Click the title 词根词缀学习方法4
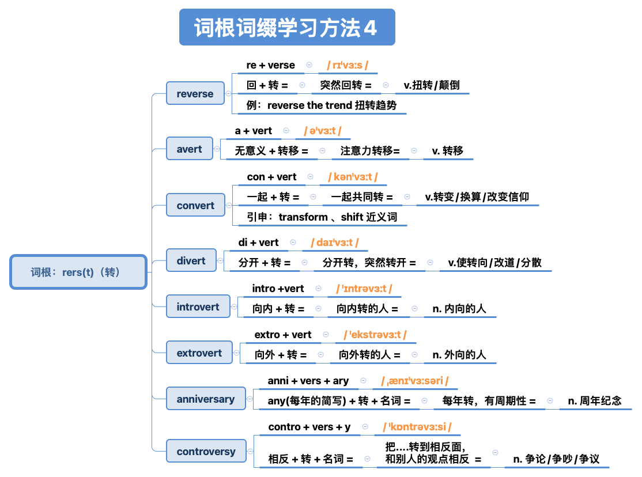[286, 28]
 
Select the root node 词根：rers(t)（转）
[78, 272]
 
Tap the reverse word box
[195, 94]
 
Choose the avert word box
[189, 149]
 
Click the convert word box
[195, 206]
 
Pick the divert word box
[191, 261]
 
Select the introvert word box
[198, 307]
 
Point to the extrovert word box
[199, 353]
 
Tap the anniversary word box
[205, 399]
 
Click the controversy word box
[206, 452]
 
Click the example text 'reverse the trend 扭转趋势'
[322, 106]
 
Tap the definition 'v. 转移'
[447, 151]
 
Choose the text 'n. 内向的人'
[459, 309]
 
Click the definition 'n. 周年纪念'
[595, 401]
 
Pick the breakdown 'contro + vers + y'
[309, 427]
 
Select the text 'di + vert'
[258, 243]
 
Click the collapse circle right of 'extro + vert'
[326, 335]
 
